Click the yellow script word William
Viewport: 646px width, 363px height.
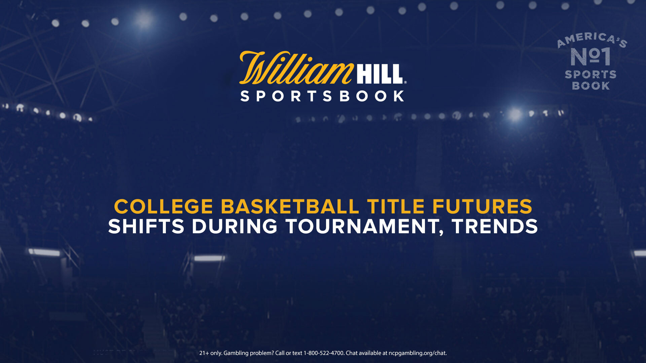click(x=296, y=68)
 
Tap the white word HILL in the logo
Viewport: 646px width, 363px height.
click(x=380, y=74)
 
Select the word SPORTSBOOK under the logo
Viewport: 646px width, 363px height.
click(x=322, y=96)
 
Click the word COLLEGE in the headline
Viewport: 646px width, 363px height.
click(x=164, y=206)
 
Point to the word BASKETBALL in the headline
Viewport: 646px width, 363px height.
click(x=290, y=206)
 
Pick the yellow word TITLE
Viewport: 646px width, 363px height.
click(x=396, y=206)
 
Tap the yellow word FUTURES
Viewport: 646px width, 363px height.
click(x=482, y=206)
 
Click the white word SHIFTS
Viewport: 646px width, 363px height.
click(x=146, y=226)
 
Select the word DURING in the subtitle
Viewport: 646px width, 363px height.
click(x=235, y=226)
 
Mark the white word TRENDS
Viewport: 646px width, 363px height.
click(x=495, y=226)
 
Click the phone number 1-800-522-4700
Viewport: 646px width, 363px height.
click(x=324, y=353)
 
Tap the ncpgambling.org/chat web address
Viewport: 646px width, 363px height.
click(x=418, y=353)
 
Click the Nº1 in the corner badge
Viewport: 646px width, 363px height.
click(x=590, y=56)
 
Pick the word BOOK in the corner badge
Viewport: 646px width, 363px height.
click(x=591, y=86)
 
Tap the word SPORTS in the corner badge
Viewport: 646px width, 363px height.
click(x=590, y=74)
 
